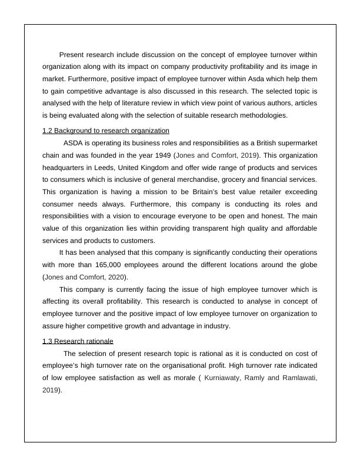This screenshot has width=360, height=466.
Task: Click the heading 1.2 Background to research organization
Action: (x=106, y=131)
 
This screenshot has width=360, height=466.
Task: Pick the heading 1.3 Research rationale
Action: (x=78, y=341)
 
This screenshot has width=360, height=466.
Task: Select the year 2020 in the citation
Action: (x=116, y=277)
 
